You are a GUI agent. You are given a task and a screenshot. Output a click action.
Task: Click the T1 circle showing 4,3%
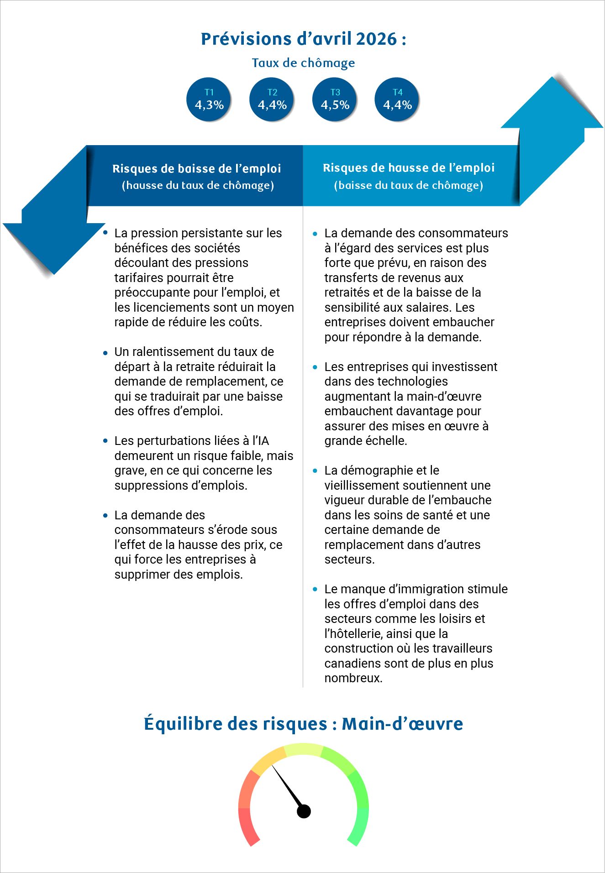(x=209, y=99)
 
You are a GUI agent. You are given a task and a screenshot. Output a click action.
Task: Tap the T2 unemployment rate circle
(x=272, y=99)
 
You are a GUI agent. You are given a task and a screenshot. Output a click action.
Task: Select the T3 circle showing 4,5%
(x=335, y=99)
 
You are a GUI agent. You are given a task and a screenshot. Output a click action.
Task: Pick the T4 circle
(x=397, y=99)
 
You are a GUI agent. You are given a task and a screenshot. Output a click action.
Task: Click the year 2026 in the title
(x=376, y=39)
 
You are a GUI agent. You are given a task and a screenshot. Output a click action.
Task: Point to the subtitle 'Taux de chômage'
(x=303, y=63)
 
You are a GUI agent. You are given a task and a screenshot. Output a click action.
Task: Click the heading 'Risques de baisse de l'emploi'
(x=197, y=169)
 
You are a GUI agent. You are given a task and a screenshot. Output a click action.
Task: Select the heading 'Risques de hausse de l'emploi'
(x=409, y=168)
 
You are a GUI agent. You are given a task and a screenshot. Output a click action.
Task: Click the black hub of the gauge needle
(x=304, y=811)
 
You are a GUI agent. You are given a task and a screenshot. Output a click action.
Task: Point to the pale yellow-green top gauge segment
(x=304, y=749)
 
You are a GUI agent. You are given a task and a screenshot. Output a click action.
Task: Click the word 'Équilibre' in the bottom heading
(x=183, y=724)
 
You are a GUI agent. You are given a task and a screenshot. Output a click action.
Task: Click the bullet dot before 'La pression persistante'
(x=106, y=233)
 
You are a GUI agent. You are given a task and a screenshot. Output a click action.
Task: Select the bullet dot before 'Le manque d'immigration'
(x=315, y=589)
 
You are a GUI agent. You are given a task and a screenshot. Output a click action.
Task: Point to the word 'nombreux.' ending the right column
(x=353, y=678)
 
